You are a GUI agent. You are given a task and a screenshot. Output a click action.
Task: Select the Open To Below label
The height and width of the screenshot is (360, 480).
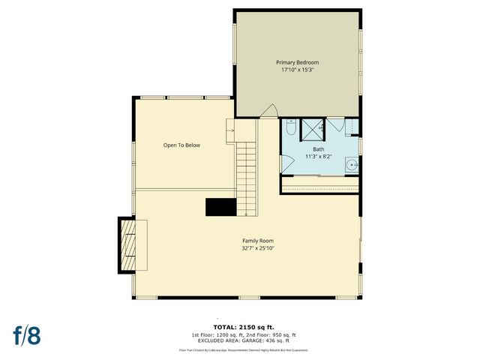(x=181, y=145)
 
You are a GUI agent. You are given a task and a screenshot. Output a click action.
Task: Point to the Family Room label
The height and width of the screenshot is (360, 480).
(x=247, y=241)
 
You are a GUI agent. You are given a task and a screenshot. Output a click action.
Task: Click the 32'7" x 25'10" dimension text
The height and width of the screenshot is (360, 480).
(x=247, y=248)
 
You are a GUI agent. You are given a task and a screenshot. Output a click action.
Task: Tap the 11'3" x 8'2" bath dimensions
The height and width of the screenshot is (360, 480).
(x=319, y=157)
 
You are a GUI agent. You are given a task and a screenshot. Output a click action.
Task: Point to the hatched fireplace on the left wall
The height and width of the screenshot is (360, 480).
(x=130, y=244)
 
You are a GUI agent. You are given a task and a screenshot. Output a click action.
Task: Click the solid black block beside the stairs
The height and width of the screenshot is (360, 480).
(x=221, y=207)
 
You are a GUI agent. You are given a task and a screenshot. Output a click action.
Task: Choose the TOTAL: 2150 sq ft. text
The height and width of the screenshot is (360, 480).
(x=244, y=328)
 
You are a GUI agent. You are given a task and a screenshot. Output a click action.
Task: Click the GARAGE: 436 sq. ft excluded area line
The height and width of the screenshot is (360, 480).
(x=244, y=341)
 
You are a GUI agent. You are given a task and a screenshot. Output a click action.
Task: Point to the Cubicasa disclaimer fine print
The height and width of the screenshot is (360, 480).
(x=244, y=350)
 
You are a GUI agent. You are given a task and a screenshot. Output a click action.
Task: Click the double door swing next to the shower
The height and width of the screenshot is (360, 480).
(x=336, y=126)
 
